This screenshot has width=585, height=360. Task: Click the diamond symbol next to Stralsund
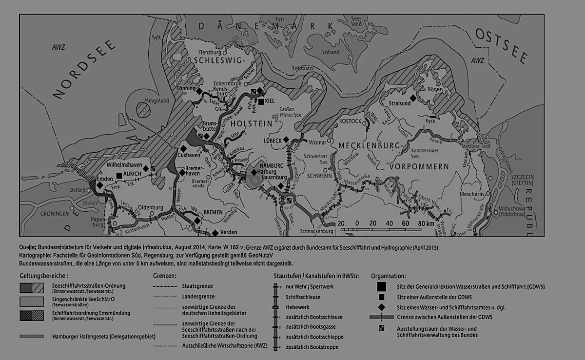[412, 99]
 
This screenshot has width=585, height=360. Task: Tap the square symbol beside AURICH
[118, 175]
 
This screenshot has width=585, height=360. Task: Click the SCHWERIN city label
[320, 175]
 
